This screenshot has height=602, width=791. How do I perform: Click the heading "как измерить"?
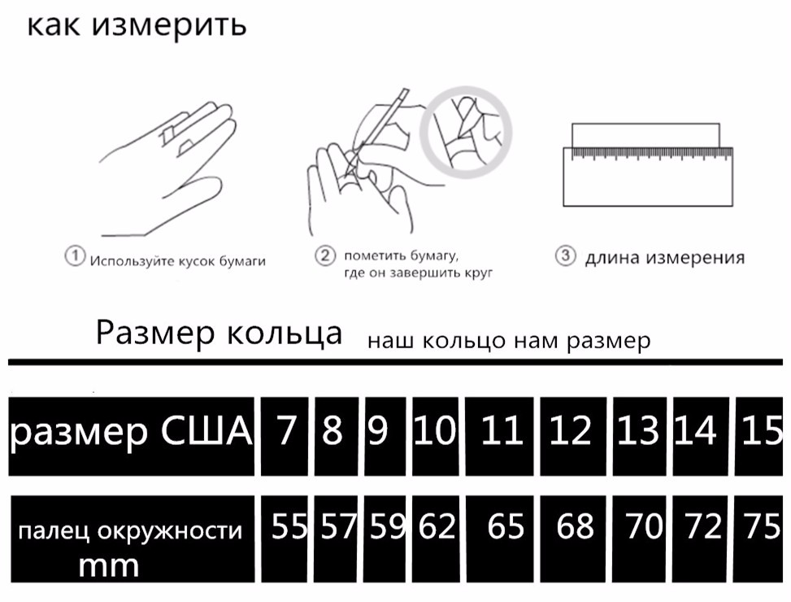click(137, 26)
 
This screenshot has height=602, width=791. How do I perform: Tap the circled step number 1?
click(75, 255)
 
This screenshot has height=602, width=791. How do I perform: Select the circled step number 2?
click(325, 255)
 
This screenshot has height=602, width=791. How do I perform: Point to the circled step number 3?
click(566, 255)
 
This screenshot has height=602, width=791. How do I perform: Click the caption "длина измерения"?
click(665, 257)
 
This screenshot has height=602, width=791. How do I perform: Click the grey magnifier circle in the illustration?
click(466, 133)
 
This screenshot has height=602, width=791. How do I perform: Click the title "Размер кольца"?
click(219, 333)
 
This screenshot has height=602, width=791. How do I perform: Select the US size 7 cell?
click(285, 436)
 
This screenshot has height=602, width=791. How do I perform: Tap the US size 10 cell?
click(436, 436)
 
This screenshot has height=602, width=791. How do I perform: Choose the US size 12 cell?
click(573, 436)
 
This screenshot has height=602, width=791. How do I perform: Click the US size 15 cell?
click(758, 436)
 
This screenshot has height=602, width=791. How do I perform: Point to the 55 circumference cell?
click(285, 539)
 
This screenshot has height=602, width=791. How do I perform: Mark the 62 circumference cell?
click(436, 539)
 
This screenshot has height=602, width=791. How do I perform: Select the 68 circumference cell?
click(573, 539)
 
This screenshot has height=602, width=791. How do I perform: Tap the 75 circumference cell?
click(758, 539)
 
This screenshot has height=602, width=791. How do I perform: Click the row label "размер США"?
click(131, 432)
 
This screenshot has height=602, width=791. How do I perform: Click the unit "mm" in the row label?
click(108, 566)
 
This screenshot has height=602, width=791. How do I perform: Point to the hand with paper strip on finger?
click(167, 169)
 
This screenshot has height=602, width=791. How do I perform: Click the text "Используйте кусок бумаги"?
click(177, 261)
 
